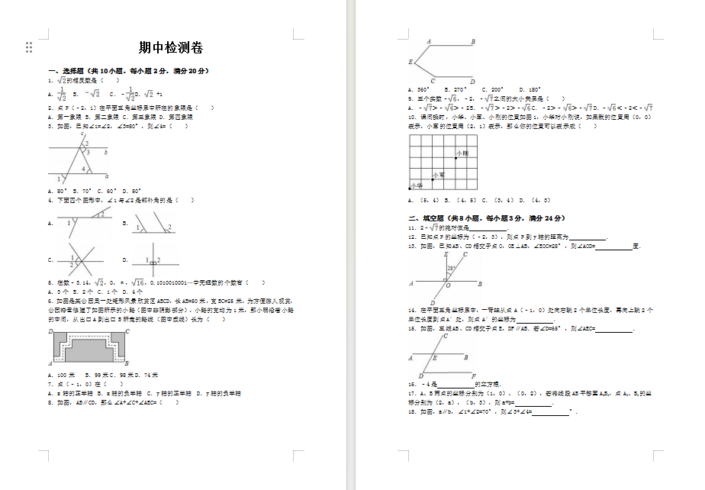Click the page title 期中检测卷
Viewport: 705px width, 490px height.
coord(171,48)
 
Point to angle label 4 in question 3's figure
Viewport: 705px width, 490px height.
coord(83,168)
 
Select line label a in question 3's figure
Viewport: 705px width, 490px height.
coord(106,175)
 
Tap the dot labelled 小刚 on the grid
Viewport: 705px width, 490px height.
coord(456,158)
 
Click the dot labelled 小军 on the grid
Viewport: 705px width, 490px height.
coord(433,180)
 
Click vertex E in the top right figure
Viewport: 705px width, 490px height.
coord(410,61)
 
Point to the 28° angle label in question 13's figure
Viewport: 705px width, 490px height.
coord(452,269)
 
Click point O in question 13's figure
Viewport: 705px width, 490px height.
coord(448,286)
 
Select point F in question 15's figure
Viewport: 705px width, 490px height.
coord(474,376)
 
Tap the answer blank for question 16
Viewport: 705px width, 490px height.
coord(455,384)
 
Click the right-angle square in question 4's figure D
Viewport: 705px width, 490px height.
coord(153,262)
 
